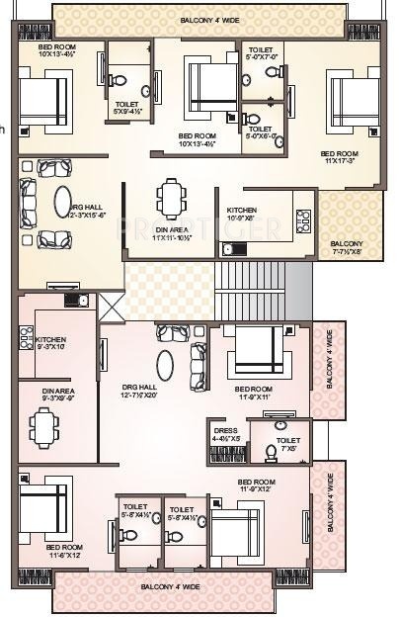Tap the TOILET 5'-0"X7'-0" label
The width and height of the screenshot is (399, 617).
(262, 53)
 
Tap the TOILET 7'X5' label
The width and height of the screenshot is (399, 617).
(288, 444)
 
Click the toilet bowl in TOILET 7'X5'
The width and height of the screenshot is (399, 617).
(271, 453)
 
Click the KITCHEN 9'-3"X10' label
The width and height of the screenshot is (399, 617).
(54, 342)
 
